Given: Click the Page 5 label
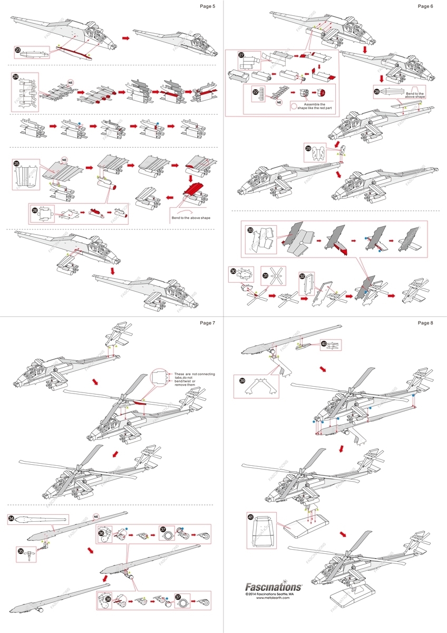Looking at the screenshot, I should point(207,6).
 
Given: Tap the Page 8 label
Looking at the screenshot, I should point(425,322).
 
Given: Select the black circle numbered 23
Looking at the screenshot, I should point(18,51).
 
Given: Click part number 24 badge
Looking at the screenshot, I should point(16,77).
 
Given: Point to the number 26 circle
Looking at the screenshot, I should point(35,209).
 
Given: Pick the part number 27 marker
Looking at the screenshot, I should point(241,55).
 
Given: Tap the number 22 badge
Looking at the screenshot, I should point(256,92).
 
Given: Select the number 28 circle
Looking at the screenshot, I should point(376,91).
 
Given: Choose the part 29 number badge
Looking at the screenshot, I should point(309,149).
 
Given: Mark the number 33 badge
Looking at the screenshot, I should point(250,229).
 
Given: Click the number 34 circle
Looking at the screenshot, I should point(11,519).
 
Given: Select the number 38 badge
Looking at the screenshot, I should point(101,598).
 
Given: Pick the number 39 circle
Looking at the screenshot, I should point(242,380).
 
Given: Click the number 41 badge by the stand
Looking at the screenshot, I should point(251,517).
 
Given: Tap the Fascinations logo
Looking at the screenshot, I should point(274,586).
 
